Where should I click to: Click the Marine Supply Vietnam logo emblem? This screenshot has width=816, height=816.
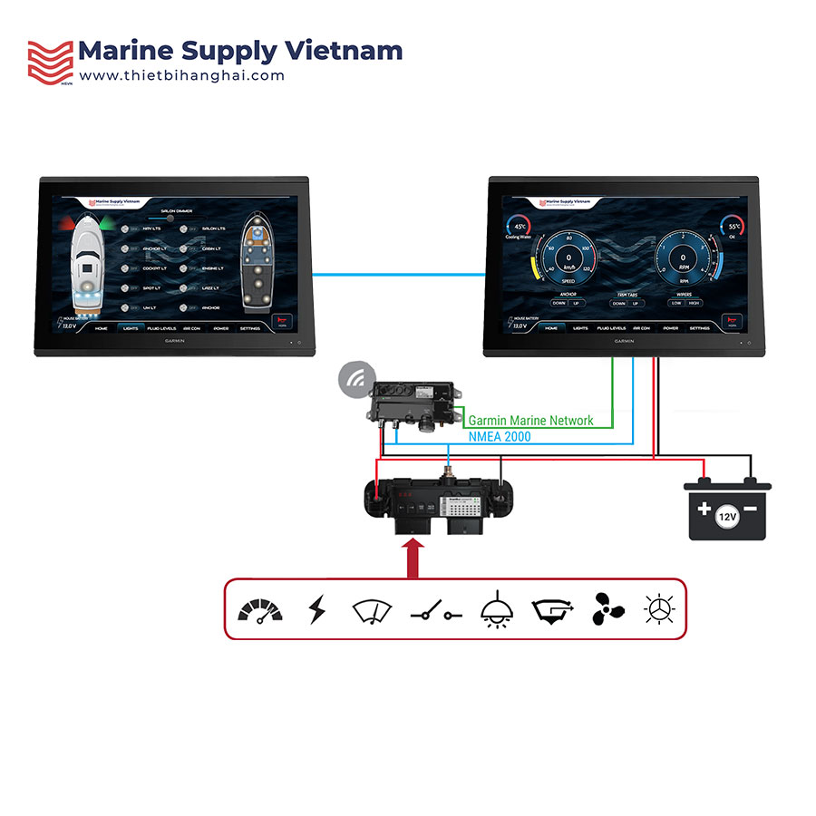pyautogui.click(x=49, y=61)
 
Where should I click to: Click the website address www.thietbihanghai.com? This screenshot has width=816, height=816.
pyautogui.click(x=181, y=76)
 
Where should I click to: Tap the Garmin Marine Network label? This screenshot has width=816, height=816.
pyautogui.click(x=530, y=421)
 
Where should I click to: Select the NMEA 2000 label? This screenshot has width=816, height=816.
pyautogui.click(x=500, y=437)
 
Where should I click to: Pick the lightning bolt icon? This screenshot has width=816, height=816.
pyautogui.click(x=316, y=610)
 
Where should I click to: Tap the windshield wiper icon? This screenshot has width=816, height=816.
pyautogui.click(x=372, y=610)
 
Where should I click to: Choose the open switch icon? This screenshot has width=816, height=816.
pyautogui.click(x=435, y=614)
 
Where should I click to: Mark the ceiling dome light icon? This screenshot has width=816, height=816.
pyautogui.click(x=493, y=610)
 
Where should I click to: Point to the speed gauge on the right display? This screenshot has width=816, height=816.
pyautogui.click(x=569, y=257)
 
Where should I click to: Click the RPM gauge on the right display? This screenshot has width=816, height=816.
pyautogui.click(x=685, y=257)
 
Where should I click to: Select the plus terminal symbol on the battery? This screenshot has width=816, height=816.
pyautogui.click(x=704, y=509)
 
